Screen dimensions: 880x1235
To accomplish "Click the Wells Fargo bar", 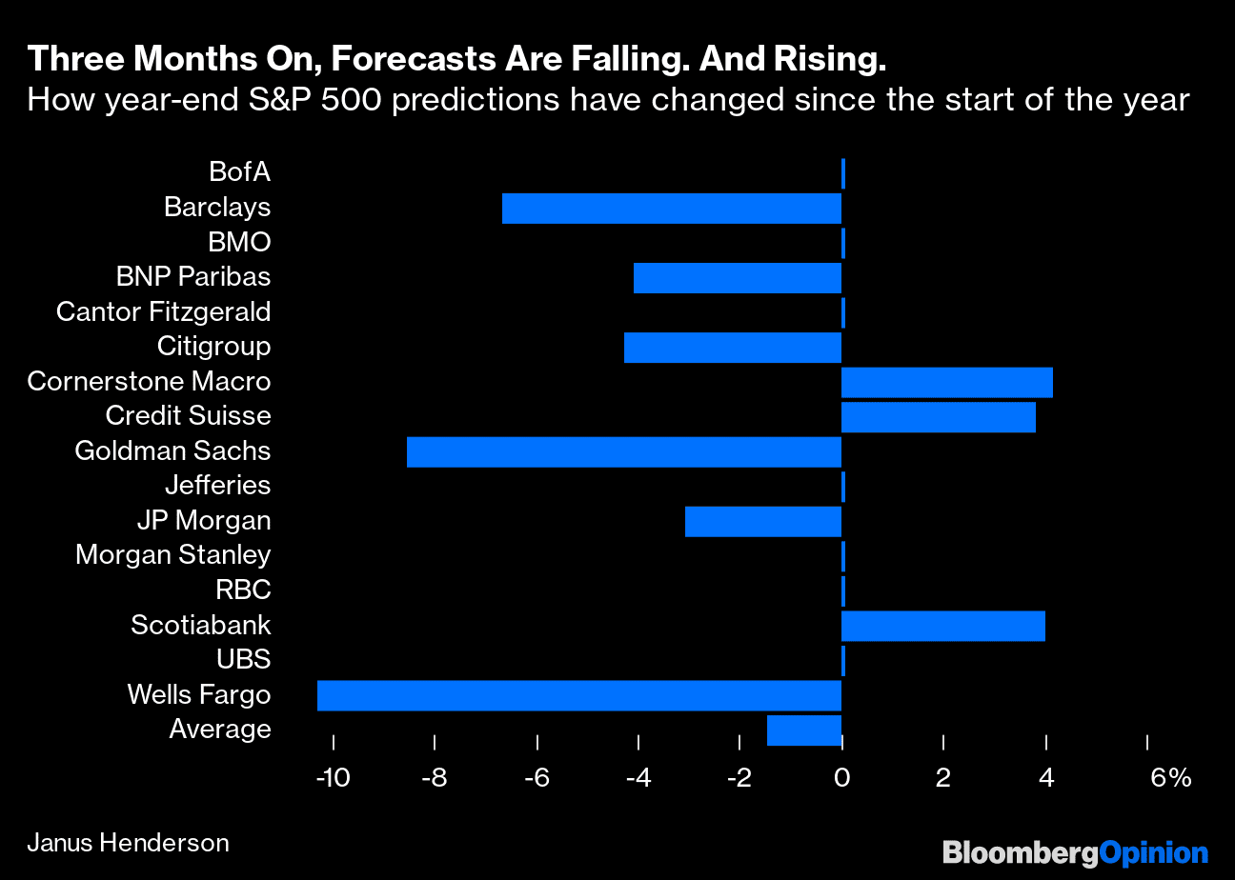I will pos(578,695).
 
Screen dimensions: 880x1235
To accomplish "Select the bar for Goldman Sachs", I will pos(623,451).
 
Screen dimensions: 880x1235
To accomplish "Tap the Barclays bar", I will pos(671,208).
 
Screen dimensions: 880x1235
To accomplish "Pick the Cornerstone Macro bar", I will pos(946,382).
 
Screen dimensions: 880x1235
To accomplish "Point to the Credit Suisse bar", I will pos(938,417).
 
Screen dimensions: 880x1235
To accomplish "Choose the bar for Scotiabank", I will pos(942,626).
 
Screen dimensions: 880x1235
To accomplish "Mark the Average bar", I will pos(803,730).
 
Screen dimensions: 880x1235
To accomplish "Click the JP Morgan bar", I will pos(762,522).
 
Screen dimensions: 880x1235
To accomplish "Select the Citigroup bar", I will pos(732,348).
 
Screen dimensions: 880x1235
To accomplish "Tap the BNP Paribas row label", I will pos(192,277).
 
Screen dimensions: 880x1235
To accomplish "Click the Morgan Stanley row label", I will pos(172,555).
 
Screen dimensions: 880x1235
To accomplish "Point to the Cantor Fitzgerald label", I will pos(163,312).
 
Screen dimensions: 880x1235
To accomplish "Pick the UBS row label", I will pos(243,660).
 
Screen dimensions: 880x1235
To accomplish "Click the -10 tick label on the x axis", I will pos(332,778).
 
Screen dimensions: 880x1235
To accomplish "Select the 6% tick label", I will pos(1170,778).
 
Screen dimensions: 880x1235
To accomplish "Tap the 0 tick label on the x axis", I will pos(841,778).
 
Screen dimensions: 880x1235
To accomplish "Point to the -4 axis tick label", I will pos(638,778).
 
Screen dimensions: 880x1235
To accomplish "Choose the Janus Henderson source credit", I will pos(128,843).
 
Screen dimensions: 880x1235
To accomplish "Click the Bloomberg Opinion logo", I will pos(1075,852).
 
